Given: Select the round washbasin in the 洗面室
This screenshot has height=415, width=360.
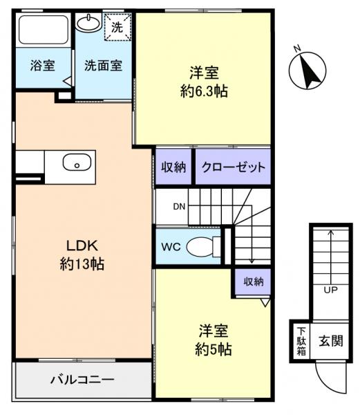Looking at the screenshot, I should click(x=88, y=24).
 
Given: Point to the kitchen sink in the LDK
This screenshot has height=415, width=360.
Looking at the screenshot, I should click(x=76, y=164).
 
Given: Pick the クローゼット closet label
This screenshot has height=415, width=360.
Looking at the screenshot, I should click(x=233, y=168).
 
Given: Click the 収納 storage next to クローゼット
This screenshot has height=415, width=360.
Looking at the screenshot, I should click(x=174, y=168).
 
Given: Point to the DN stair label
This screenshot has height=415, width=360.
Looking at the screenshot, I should click(x=178, y=206).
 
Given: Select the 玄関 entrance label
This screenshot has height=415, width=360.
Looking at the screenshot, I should click(x=330, y=340).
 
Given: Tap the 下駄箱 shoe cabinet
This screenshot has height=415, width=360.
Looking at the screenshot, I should click(x=301, y=340).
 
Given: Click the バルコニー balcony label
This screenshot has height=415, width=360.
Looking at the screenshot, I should click(x=82, y=379).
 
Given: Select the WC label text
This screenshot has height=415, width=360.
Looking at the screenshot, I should click(x=171, y=246).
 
